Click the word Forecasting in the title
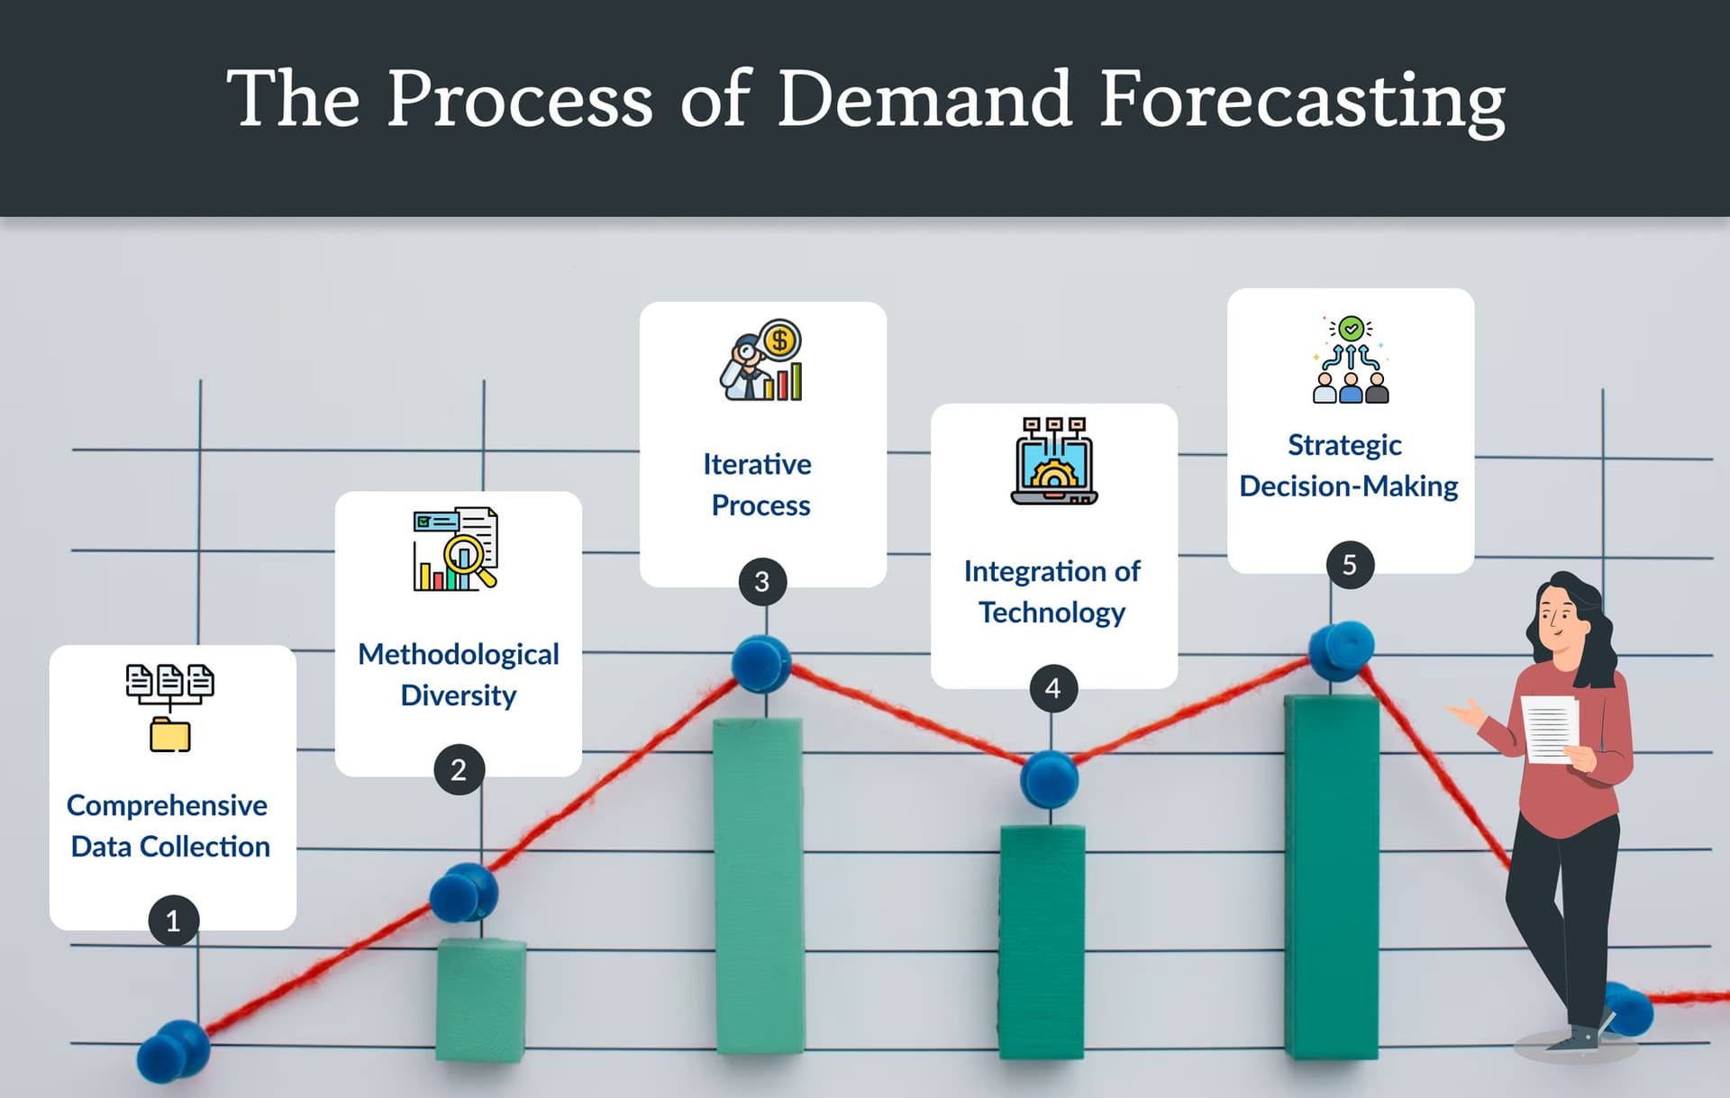coord(1302,101)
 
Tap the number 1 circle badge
coord(173,920)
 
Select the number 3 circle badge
coord(762,582)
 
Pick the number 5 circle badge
coord(1349,565)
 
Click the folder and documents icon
coord(170,708)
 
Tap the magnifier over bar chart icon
coord(456,549)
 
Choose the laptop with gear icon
coord(1053,461)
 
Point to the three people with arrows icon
coord(1350,359)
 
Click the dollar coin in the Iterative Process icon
coord(780,340)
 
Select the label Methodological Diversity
coord(458,675)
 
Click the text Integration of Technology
coord(1052,592)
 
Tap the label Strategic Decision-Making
coord(1348,466)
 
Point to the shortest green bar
coord(480,1000)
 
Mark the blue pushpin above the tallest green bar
coord(1341,649)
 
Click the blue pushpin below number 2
coord(463,893)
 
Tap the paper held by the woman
coord(1549,728)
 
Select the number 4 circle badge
coord(1052,689)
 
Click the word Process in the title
coord(520,101)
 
